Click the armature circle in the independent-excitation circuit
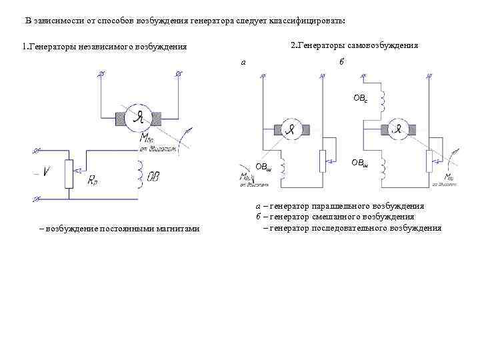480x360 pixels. tap(139, 118)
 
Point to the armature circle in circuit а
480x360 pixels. tap(291, 129)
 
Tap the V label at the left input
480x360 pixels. tap(45, 172)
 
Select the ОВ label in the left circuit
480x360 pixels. tap(153, 178)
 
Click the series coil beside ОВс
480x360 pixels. tap(382, 98)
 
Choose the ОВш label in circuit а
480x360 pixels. tap(264, 167)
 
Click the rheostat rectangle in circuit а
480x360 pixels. tap(323, 160)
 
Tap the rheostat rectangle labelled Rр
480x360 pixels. tap(68, 173)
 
